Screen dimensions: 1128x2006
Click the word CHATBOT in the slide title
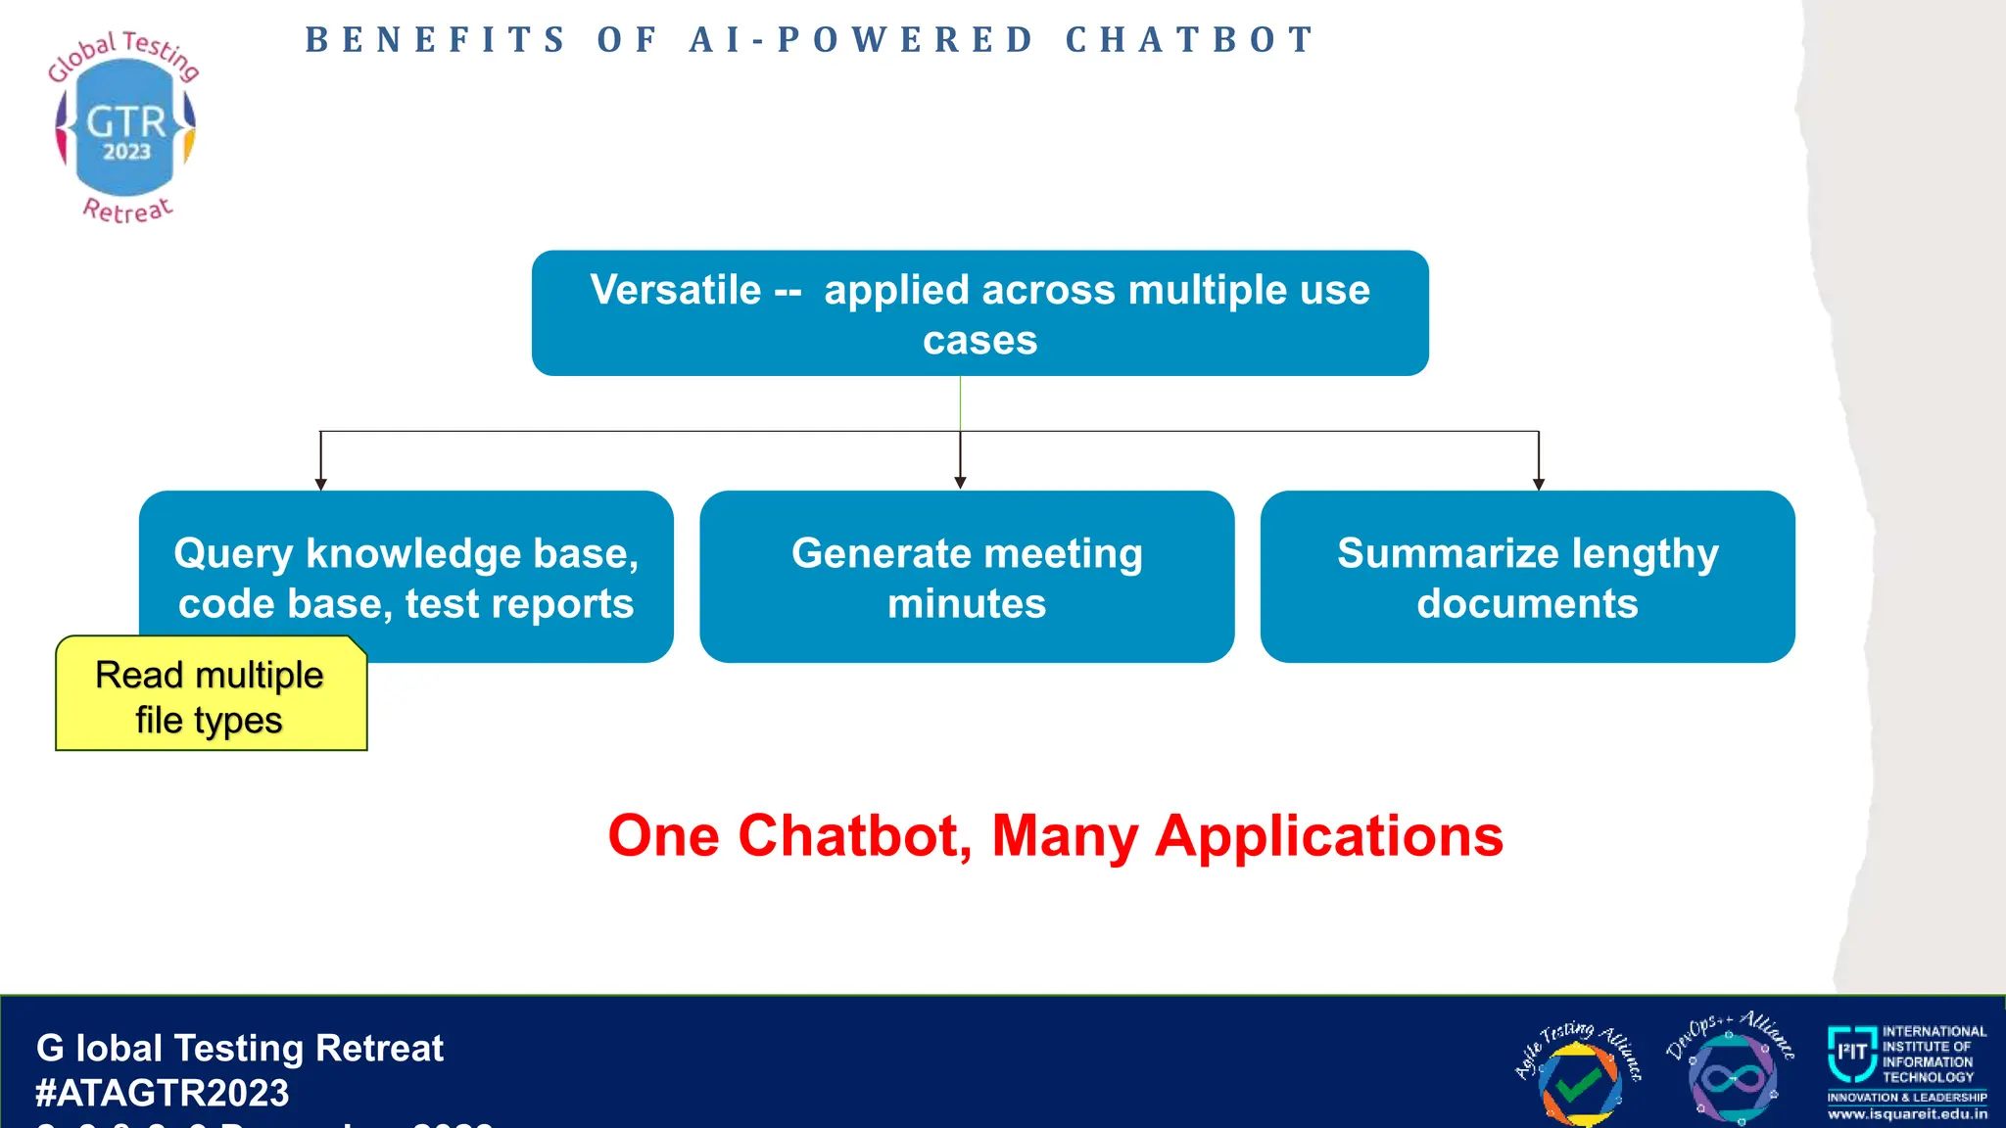(x=1190, y=40)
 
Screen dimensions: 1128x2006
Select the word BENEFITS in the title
(x=436, y=40)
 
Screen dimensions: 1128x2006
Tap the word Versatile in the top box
(x=675, y=290)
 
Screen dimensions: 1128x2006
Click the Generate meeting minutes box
(x=967, y=578)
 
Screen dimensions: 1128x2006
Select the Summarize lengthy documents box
(x=1527, y=578)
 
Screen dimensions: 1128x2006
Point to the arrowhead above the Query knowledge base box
(x=320, y=484)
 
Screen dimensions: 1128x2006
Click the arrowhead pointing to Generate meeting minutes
(x=960, y=483)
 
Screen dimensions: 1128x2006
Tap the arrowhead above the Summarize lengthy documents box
(x=1539, y=484)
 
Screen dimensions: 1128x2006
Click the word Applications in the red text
(x=1329, y=836)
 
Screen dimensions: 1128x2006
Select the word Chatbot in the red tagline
(x=854, y=836)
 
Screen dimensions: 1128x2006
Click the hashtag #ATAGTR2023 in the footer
(x=163, y=1093)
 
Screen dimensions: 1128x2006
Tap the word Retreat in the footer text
(x=379, y=1049)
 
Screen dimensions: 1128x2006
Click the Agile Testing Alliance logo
(x=1577, y=1074)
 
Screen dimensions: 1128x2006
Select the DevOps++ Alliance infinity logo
(x=1732, y=1071)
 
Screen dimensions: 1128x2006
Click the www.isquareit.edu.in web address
(x=1907, y=1114)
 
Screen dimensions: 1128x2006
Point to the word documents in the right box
(x=1527, y=603)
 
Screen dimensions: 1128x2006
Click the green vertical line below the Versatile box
(x=960, y=403)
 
